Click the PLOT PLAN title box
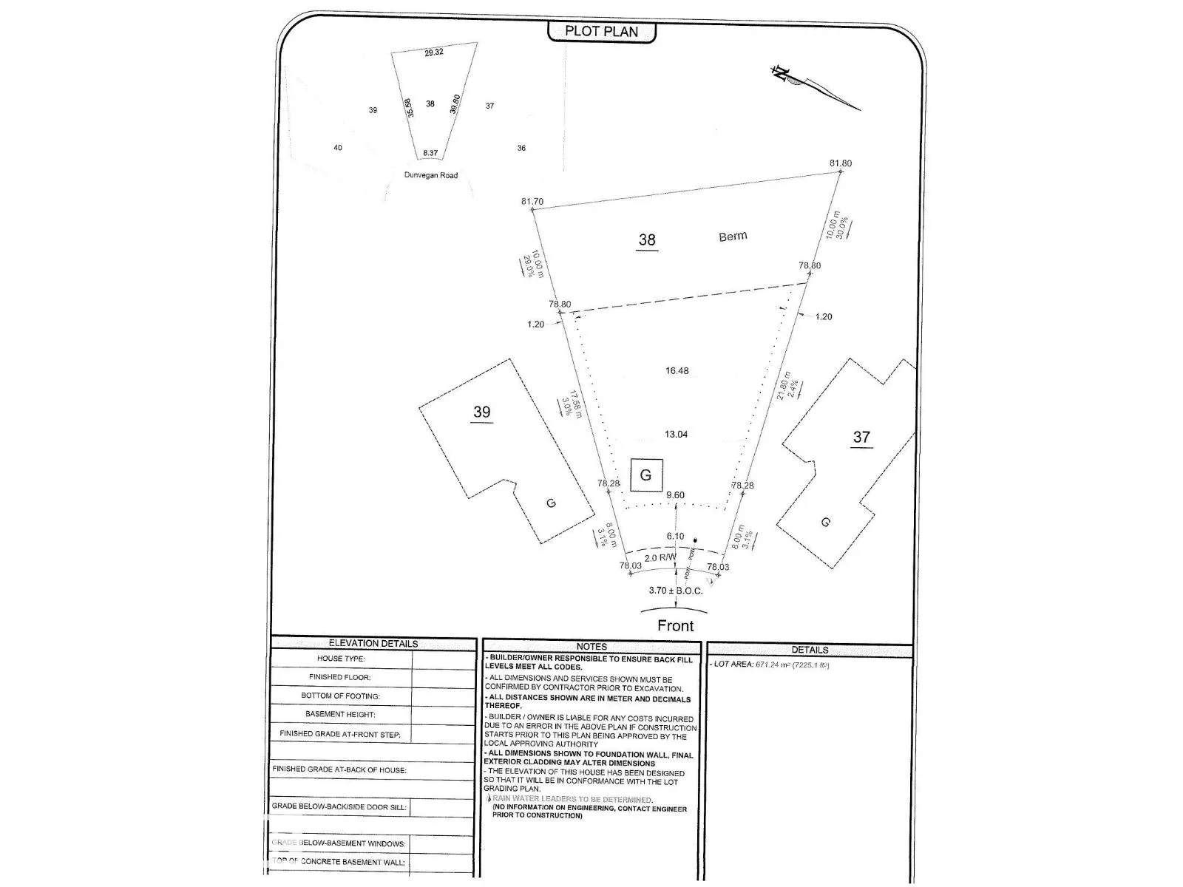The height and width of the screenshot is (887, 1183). click(x=601, y=31)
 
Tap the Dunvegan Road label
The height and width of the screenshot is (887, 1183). click(x=430, y=175)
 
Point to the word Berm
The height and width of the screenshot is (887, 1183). click(x=733, y=237)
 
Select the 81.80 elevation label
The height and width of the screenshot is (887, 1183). click(x=840, y=163)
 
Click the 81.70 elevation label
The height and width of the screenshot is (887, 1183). click(x=532, y=201)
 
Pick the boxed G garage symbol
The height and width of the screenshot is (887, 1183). click(x=645, y=475)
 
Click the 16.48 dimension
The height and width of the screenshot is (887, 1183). click(x=677, y=371)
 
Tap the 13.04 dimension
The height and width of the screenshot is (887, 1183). click(x=676, y=435)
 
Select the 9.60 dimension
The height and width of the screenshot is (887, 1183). click(x=675, y=495)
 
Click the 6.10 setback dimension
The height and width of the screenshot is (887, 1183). click(x=675, y=537)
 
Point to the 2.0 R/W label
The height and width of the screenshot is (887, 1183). click(x=660, y=558)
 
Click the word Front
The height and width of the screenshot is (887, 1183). click(x=675, y=625)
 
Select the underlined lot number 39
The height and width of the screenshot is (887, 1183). click(x=481, y=412)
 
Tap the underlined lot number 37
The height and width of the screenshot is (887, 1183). click(x=861, y=437)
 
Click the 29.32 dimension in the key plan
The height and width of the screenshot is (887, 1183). click(x=434, y=52)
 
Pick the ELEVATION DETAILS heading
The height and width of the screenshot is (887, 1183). click(x=373, y=643)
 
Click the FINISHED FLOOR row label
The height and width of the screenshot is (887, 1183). click(x=339, y=677)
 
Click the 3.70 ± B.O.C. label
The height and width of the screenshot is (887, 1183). click(x=675, y=591)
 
